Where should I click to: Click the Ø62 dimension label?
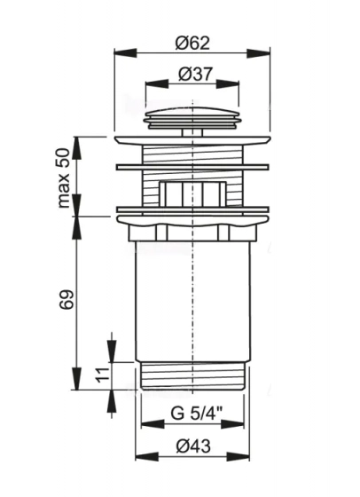click(x=192, y=43)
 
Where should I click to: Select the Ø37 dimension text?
click(x=195, y=74)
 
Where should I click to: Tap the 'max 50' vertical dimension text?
click(x=63, y=177)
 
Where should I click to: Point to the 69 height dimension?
click(x=66, y=299)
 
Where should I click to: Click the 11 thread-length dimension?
click(x=102, y=375)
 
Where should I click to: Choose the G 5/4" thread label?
click(x=197, y=414)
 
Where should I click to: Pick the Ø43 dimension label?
click(x=193, y=446)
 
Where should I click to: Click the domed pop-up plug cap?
click(x=192, y=118)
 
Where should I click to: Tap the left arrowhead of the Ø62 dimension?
click(x=125, y=53)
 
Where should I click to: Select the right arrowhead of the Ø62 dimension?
click(x=259, y=53)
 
